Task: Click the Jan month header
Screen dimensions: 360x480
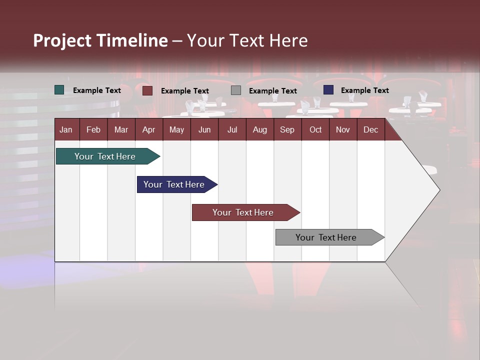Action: [x=66, y=129]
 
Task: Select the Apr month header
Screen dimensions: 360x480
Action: [x=148, y=129]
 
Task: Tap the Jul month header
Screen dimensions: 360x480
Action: [x=232, y=129]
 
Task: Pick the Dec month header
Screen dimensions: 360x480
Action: [x=370, y=129]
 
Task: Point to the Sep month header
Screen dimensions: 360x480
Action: [x=287, y=129]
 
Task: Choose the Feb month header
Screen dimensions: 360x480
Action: [x=93, y=129]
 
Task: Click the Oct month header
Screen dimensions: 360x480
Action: [x=315, y=129]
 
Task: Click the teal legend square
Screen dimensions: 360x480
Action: [x=59, y=90]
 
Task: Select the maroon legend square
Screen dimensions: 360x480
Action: [x=147, y=90]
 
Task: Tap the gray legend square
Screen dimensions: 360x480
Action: [x=236, y=90]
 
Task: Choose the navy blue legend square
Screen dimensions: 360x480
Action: [x=328, y=90]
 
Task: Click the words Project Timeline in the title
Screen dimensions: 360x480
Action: [x=100, y=40]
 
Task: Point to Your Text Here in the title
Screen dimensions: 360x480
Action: [x=247, y=40]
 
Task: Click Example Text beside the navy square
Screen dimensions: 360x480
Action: [x=364, y=90]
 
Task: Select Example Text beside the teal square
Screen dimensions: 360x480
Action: [x=97, y=90]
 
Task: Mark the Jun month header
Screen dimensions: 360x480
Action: [x=204, y=129]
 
